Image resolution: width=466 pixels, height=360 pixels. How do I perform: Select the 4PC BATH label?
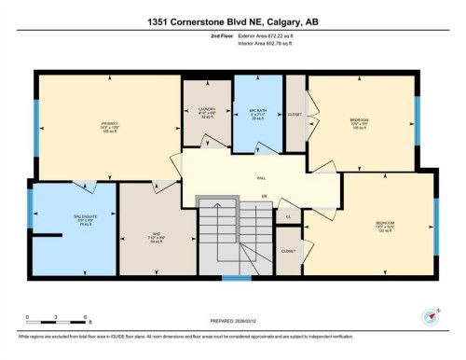tap(257, 113)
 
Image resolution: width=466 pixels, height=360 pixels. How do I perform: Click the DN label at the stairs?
tap(265, 196)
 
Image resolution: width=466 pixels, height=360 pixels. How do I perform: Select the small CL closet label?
tap(288, 216)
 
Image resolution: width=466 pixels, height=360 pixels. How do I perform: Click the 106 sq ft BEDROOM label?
tap(360, 123)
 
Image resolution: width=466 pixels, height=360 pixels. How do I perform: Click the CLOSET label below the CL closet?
tap(288, 252)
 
